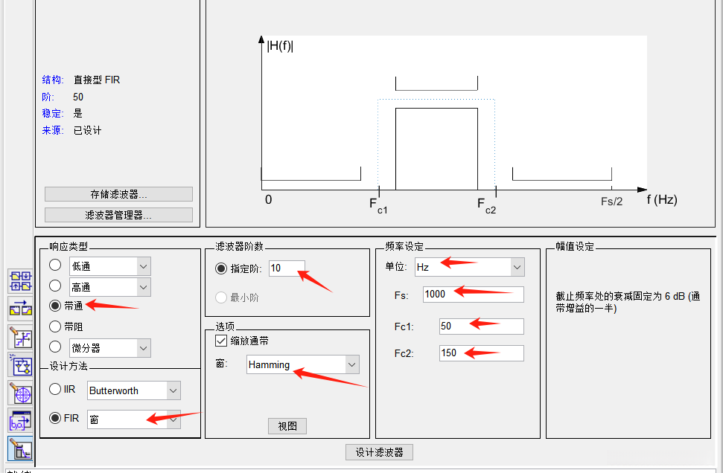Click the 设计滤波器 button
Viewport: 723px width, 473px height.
pos(379,452)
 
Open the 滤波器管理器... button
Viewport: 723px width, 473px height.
pos(118,215)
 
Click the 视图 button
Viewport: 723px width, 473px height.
pos(287,426)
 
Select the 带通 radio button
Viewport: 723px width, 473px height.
pos(55,306)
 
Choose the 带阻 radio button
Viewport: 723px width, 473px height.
pos(55,326)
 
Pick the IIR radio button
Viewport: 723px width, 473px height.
pos(55,389)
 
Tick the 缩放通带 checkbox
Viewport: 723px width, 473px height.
pos(221,341)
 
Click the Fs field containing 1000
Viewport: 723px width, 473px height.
pos(473,295)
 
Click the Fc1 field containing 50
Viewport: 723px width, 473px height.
pos(482,326)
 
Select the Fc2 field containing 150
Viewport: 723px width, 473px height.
pos(482,353)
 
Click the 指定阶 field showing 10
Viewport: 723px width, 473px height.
pos(287,268)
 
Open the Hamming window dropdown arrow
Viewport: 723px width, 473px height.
pos(351,364)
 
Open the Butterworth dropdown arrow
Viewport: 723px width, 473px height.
pos(173,390)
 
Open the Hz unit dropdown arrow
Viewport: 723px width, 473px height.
pos(517,267)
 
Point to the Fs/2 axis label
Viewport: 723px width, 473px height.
pos(611,202)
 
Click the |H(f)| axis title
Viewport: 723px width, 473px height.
pos(280,45)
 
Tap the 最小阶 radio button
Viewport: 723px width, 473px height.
pos(221,297)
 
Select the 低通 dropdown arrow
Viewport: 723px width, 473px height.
pos(144,266)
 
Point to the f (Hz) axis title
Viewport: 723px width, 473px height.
pos(662,199)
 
